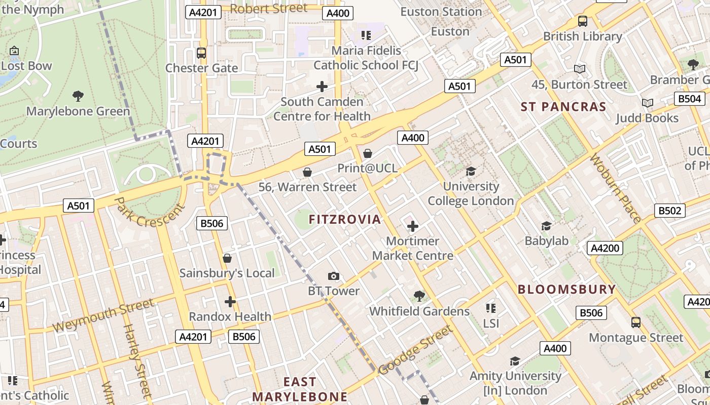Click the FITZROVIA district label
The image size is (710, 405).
[x=345, y=219]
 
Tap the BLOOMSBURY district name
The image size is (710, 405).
[x=566, y=290]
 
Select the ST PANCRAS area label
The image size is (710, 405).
[x=563, y=107]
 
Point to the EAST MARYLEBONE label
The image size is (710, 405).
[x=300, y=389]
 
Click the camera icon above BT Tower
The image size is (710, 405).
[x=334, y=276]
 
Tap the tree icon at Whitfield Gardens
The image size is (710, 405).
[x=419, y=296]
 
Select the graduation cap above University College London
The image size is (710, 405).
[x=471, y=171]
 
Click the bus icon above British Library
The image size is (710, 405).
[x=582, y=21]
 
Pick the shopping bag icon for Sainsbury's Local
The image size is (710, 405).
[x=227, y=258]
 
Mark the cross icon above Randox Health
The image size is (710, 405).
[x=230, y=302]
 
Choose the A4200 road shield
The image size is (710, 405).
[x=605, y=248]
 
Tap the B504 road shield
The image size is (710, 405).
[x=690, y=99]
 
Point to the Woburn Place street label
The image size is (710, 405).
[x=615, y=188]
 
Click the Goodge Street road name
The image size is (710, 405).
[x=415, y=350]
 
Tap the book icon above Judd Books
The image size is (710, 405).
[x=647, y=103]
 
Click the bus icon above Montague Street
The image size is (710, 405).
[x=635, y=322]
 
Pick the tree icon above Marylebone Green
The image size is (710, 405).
[x=78, y=96]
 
